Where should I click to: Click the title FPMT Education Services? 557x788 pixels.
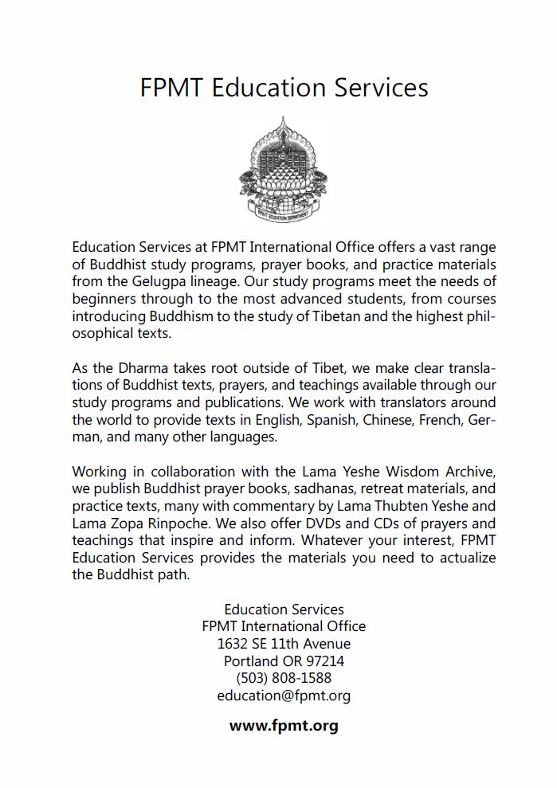[x=284, y=87]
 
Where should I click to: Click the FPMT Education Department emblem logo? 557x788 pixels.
[x=283, y=171]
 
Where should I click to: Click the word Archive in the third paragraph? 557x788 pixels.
[x=469, y=471]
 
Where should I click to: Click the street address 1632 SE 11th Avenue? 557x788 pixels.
[x=284, y=644]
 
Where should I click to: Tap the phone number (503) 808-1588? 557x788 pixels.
[x=284, y=679]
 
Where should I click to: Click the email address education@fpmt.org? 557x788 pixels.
[x=284, y=696]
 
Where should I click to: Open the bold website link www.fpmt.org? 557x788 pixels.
[x=284, y=726]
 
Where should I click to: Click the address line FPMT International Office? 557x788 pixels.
[x=284, y=627]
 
